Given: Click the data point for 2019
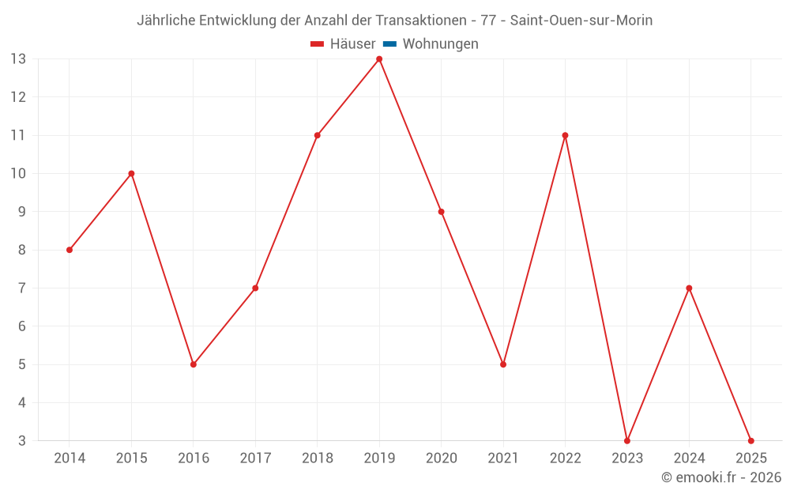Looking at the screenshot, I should coord(379,59).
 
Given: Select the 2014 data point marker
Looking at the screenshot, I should coord(70,250).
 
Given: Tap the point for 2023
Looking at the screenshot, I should coord(627,440).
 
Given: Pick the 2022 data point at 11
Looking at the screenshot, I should coord(565,135).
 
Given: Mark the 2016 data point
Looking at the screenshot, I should coord(194,364).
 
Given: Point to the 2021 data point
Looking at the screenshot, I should coord(503,364).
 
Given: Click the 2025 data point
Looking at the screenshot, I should coord(751,440).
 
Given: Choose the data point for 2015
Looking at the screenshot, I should coord(131,174).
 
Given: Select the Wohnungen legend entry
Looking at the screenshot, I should coord(440,44).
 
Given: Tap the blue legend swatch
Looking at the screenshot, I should coord(389,44).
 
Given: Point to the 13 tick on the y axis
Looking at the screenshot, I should coord(18,59).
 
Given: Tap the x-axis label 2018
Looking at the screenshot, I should coord(318,458).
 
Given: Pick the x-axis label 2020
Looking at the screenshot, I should coord(442,458).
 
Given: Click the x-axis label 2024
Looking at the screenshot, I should coord(689,458).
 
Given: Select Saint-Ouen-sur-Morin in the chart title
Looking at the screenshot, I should coord(581,21).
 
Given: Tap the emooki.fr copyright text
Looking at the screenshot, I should coord(721,477).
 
